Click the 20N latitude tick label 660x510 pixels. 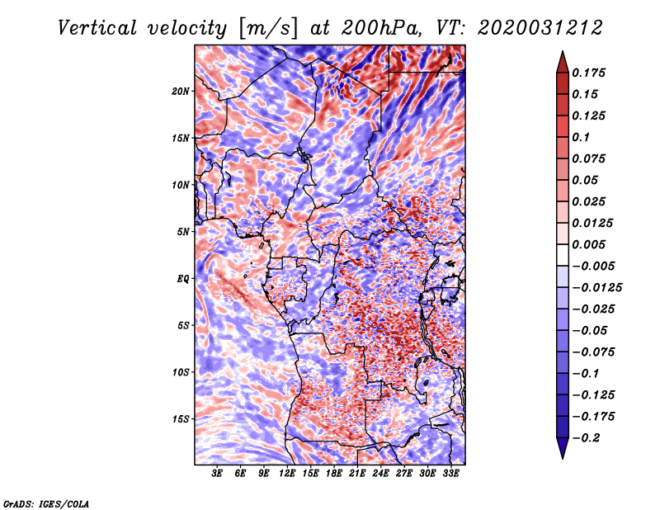point(181,91)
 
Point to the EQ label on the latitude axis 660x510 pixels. point(182,278)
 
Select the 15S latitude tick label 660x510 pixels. point(181,418)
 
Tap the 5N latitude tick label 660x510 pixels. point(182,232)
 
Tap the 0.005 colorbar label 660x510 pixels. point(591,245)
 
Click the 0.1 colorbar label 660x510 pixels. point(582,137)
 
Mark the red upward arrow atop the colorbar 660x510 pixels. point(561,60)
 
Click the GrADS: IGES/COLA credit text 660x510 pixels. point(45,503)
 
